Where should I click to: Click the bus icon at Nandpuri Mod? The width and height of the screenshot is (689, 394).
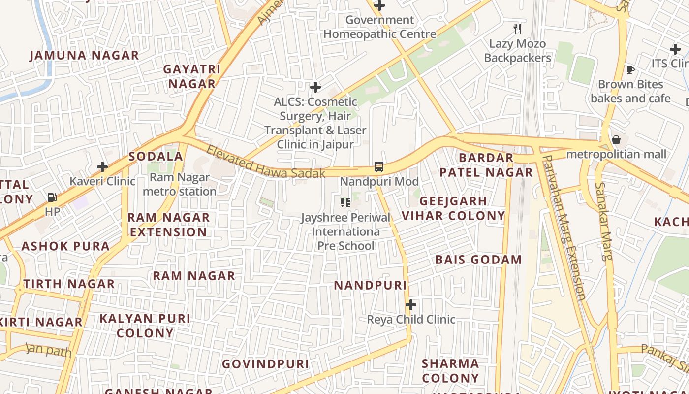tap(378, 167)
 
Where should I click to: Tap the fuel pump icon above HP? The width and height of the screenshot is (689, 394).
tap(52, 197)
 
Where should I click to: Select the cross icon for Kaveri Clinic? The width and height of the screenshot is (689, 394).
tap(102, 167)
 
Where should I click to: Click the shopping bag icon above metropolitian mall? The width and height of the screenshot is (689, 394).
tap(616, 140)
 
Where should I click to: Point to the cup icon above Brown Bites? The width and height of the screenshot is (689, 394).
tap(630, 70)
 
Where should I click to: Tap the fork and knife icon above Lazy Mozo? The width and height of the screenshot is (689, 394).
tap(517, 29)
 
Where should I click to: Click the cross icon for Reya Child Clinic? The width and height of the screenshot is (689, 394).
tap(410, 305)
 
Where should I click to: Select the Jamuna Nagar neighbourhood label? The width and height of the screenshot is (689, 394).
tap(84, 55)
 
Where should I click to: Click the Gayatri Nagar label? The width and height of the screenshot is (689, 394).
tap(192, 76)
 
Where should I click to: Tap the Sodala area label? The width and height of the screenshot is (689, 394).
tap(156, 157)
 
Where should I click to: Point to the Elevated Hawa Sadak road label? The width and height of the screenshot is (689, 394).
tap(266, 163)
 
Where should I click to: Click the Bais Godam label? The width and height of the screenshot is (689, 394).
tap(478, 260)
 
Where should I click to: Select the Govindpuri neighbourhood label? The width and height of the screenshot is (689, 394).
tap(265, 364)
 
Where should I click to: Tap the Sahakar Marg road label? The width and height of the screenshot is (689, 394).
tap(603, 221)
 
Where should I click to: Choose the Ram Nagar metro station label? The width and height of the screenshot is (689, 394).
tap(180, 184)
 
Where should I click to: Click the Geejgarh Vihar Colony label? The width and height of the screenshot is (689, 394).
tap(453, 208)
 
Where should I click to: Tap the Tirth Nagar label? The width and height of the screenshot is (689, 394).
tap(69, 284)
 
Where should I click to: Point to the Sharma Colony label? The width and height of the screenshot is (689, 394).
tap(450, 371)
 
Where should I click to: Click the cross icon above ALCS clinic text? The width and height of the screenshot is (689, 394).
tap(315, 87)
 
